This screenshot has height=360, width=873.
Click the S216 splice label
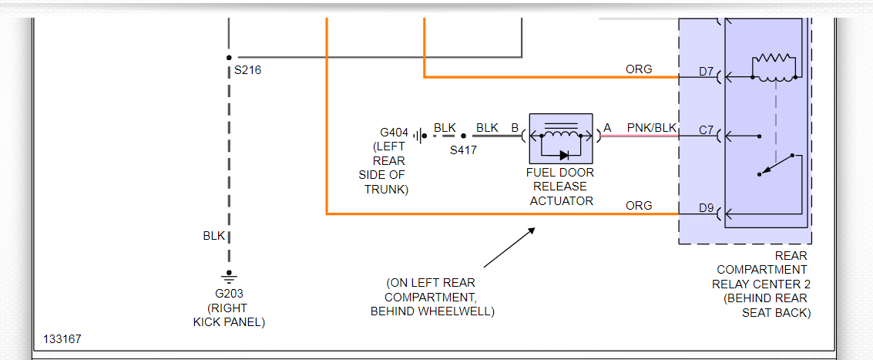[248, 70]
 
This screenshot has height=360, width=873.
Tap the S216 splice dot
[229, 57]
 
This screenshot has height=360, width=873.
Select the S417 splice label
[463, 150]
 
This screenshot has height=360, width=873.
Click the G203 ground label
[229, 294]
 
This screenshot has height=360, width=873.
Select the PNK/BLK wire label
[652, 127]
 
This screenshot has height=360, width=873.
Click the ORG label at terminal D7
[639, 69]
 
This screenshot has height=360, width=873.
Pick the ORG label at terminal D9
[639, 206]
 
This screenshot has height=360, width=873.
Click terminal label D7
[707, 72]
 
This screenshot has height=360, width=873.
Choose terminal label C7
[707, 130]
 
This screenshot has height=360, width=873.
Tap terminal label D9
[707, 208]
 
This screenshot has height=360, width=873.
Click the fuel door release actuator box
[561, 137]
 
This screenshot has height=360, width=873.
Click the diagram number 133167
[62, 339]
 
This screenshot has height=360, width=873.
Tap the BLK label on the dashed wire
[213, 236]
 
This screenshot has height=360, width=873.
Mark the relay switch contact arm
[775, 166]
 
